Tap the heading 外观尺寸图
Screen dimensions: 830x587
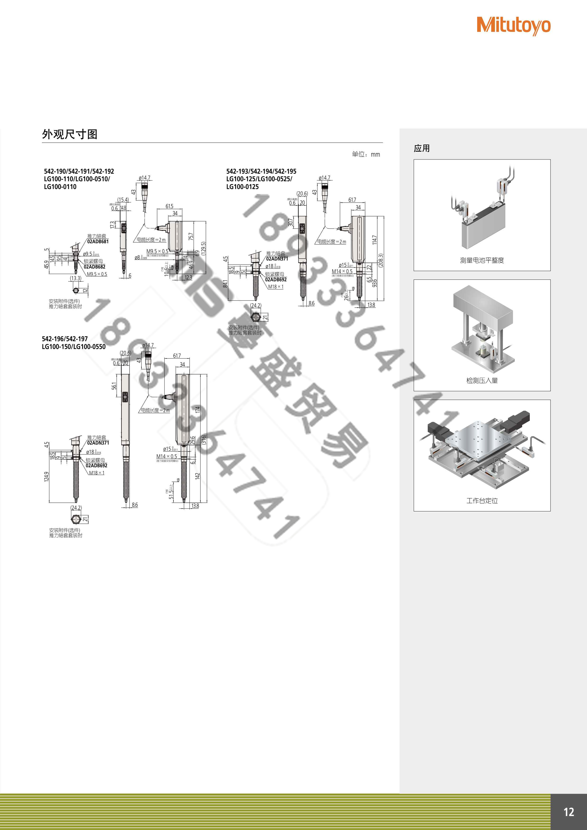click(69, 134)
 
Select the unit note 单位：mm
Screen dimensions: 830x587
click(366, 154)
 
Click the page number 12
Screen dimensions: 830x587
click(569, 812)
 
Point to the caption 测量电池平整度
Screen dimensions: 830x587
click(482, 260)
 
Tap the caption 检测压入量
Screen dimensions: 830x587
click(482, 380)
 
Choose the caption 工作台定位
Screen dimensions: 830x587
click(482, 501)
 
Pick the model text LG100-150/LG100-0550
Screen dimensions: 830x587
click(74, 347)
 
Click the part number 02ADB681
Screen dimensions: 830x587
click(98, 242)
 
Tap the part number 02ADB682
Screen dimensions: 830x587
click(94, 267)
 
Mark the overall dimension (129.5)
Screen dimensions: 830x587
click(203, 249)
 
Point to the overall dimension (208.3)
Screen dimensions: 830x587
click(380, 260)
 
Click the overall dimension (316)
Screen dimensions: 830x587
click(204, 440)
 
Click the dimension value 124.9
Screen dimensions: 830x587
click(46, 477)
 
